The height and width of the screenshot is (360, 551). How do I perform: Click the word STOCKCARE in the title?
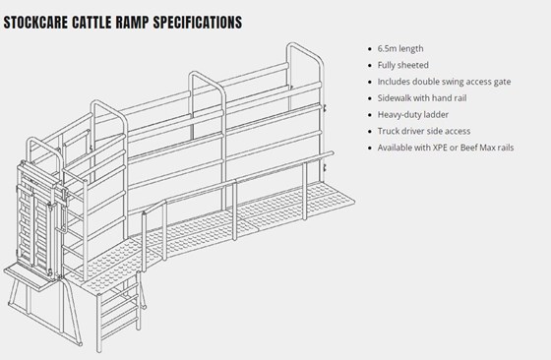coord(35,22)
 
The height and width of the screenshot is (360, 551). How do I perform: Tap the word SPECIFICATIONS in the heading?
coord(198,22)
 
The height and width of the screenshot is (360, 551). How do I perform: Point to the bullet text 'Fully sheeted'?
coord(403,65)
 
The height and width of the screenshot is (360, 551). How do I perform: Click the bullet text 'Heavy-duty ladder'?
coord(413,114)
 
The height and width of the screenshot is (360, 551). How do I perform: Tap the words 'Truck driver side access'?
coord(424,131)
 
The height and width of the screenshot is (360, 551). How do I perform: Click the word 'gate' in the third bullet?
coord(502,82)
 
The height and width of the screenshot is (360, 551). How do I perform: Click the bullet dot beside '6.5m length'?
coord(369,49)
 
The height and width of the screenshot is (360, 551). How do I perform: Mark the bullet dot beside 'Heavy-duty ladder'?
coord(369,115)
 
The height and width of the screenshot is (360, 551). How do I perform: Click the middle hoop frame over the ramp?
coord(207,75)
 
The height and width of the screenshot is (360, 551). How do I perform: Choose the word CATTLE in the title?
coord(92,22)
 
